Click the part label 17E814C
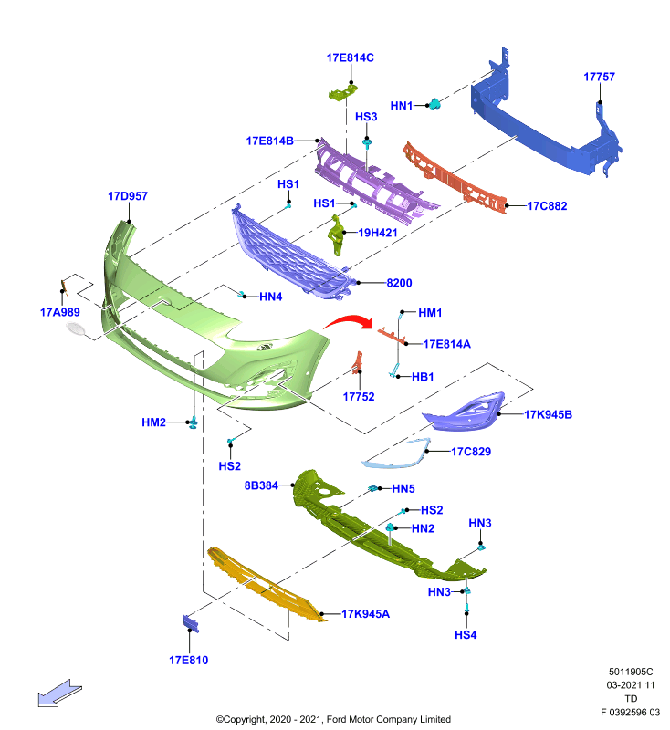pyautogui.click(x=351, y=57)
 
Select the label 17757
pyautogui.click(x=599, y=77)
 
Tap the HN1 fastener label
pyautogui.click(x=402, y=106)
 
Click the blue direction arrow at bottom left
pyautogui.click(x=59, y=693)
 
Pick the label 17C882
pyautogui.click(x=547, y=206)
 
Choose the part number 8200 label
pyautogui.click(x=399, y=283)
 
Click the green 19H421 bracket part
pyautogui.click(x=336, y=235)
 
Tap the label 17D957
pyautogui.click(x=128, y=196)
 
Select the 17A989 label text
pyautogui.click(x=60, y=312)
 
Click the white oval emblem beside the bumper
pyautogui.click(x=75, y=328)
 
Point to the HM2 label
pyautogui.click(x=153, y=422)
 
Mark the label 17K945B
pyautogui.click(x=548, y=414)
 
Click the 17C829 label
pyautogui.click(x=471, y=451)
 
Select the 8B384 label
pyautogui.click(x=261, y=485)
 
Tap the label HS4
pyautogui.click(x=466, y=634)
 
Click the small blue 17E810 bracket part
pyautogui.click(x=191, y=623)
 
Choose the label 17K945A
pyautogui.click(x=365, y=613)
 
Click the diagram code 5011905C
pyautogui.click(x=631, y=672)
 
